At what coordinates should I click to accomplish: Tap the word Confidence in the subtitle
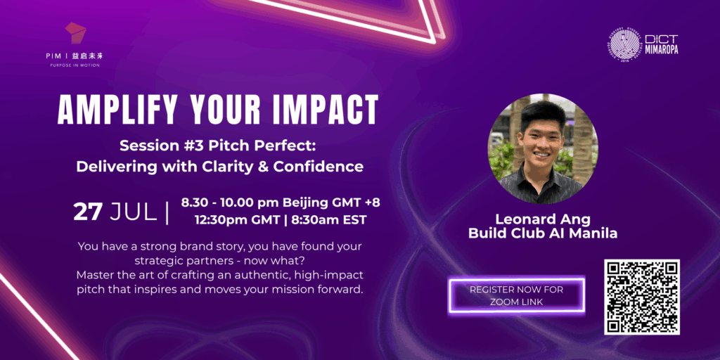319,166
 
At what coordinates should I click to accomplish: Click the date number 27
87,212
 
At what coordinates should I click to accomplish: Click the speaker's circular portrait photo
542,149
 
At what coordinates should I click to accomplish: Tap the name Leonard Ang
543,220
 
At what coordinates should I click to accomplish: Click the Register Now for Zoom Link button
517,295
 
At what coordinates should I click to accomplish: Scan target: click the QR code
641,297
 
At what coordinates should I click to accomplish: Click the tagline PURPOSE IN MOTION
75,65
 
